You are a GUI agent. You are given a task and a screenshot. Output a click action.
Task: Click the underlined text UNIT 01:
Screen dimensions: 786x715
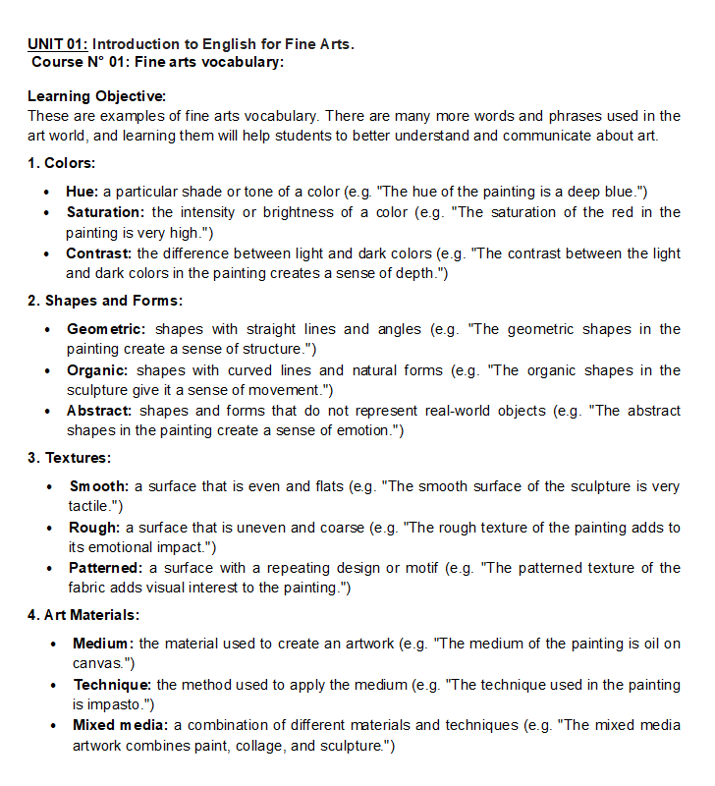58,44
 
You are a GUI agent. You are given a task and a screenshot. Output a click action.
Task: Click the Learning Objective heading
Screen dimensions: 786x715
96,96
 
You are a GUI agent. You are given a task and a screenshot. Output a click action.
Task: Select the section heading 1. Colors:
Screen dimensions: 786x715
61,163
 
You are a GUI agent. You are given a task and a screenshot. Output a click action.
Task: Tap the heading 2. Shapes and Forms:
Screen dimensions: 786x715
105,301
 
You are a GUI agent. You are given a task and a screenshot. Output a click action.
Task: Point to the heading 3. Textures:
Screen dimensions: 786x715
69,458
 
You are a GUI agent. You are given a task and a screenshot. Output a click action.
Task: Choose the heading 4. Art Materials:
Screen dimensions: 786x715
83,615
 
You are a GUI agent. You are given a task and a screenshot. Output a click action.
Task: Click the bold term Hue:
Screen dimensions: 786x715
82,192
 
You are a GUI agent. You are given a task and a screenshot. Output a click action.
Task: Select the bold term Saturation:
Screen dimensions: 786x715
105,212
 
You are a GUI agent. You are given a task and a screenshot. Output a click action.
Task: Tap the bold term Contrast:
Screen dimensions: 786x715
99,253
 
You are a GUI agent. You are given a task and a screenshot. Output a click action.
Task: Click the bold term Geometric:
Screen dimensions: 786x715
106,329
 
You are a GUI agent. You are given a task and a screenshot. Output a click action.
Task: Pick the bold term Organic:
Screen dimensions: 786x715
98,370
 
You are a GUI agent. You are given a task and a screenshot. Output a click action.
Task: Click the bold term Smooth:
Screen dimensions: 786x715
99,486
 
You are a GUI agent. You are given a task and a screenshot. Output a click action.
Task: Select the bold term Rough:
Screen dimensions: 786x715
94,528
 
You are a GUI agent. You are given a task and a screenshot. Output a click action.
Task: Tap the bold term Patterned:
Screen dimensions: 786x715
106,568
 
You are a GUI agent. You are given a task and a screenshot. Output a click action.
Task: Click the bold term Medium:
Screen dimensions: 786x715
104,644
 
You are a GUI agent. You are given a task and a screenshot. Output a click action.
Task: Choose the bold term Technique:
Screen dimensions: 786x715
112,684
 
